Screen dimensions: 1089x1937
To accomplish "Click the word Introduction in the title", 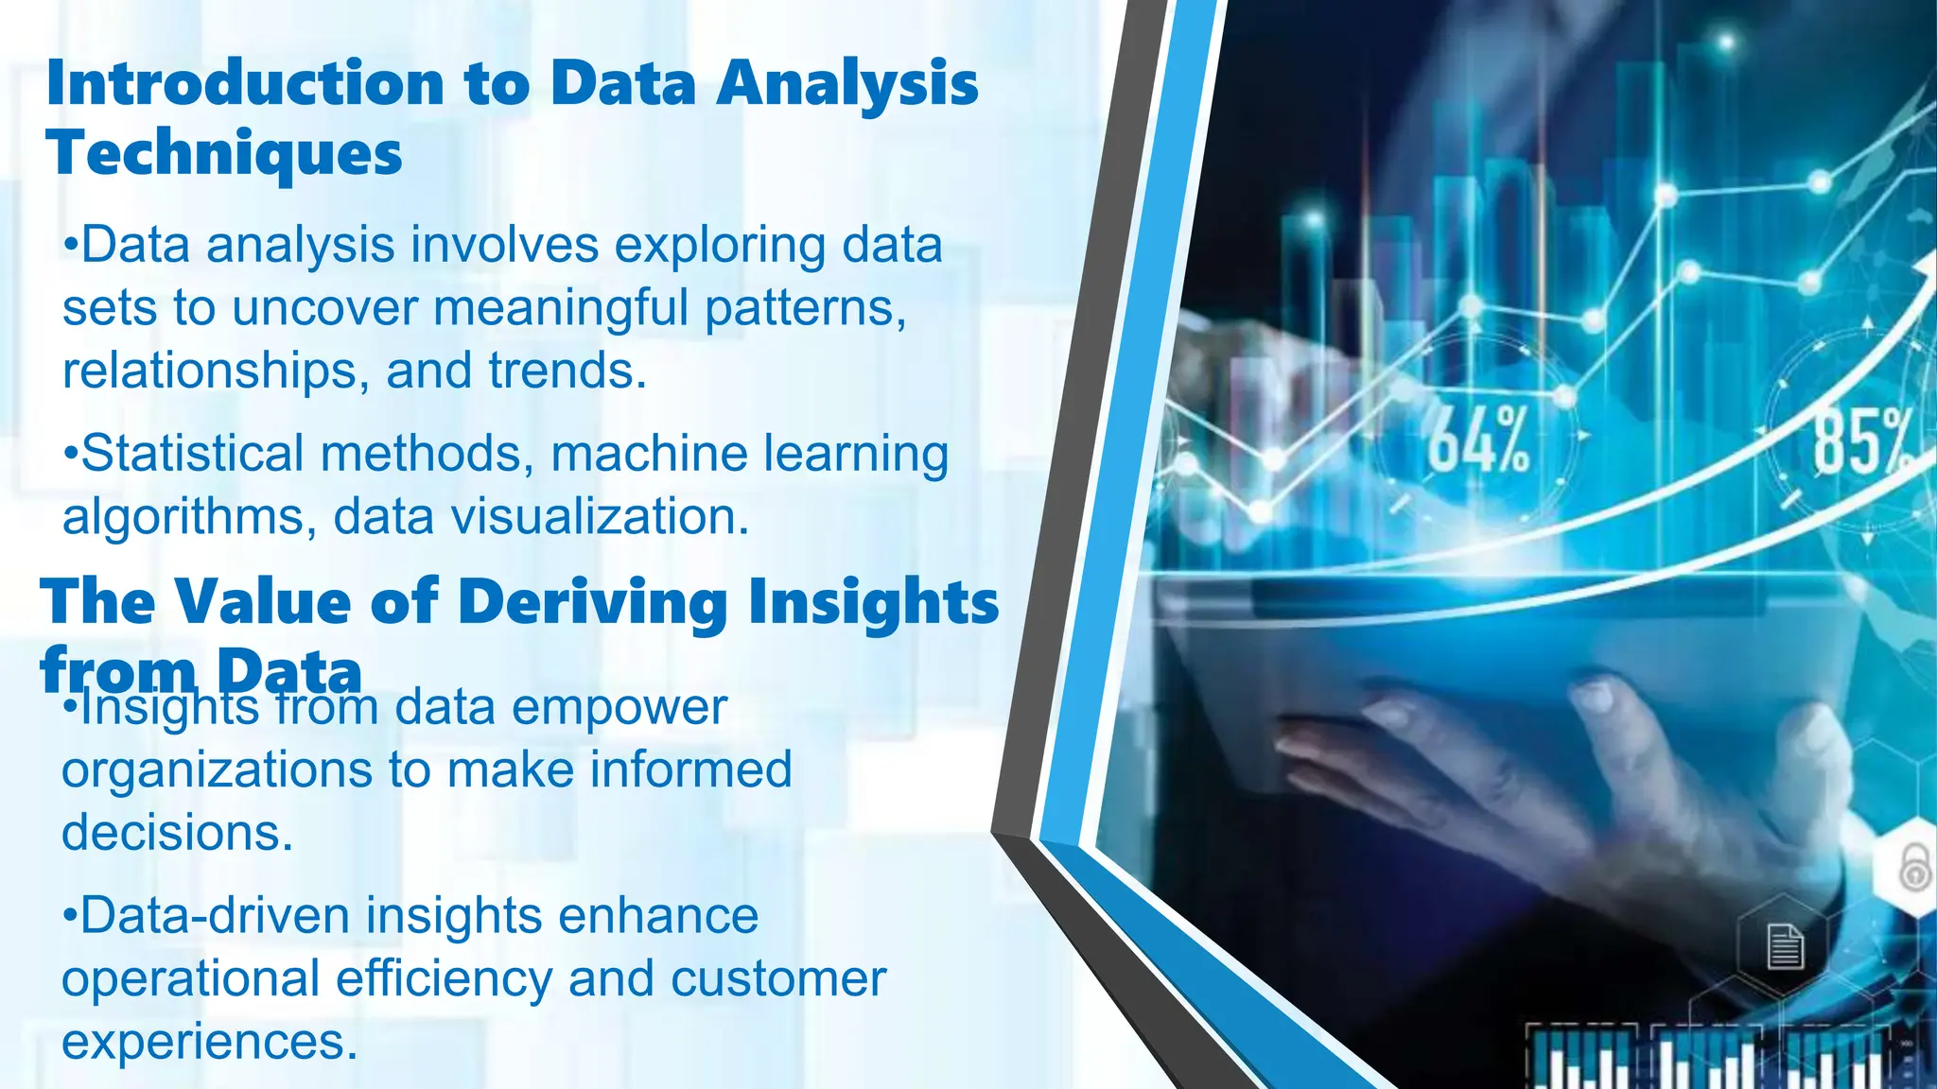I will pyautogui.click(x=245, y=83).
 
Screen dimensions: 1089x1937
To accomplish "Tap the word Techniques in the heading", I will pyautogui.click(x=224, y=153).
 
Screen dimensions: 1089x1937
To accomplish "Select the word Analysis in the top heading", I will pyautogui.click(x=846, y=83).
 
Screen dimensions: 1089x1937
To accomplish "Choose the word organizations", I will pyautogui.click(x=217, y=769).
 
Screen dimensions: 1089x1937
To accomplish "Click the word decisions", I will pyautogui.click(x=177, y=833).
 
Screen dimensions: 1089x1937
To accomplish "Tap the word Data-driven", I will pyautogui.click(x=215, y=916).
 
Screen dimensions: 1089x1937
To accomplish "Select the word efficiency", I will pyautogui.click(x=444, y=978).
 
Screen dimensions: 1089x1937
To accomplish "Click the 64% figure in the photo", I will pyautogui.click(x=1478, y=441).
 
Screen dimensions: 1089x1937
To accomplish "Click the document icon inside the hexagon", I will pyautogui.click(x=1785, y=946).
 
